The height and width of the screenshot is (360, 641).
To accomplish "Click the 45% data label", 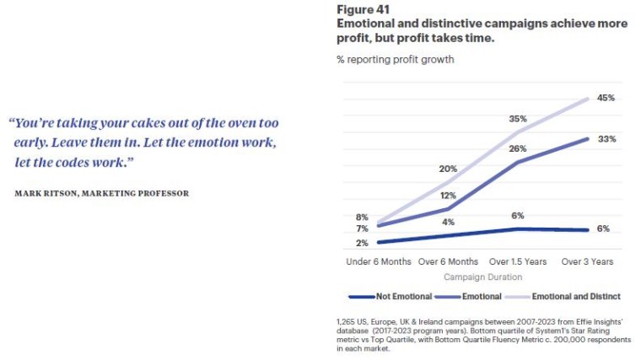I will pyautogui.click(x=606, y=98).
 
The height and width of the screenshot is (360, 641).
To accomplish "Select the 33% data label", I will pyautogui.click(x=606, y=138).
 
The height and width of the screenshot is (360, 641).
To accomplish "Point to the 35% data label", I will pyautogui.click(x=518, y=119).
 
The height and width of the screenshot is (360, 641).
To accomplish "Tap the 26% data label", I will pyautogui.click(x=518, y=149).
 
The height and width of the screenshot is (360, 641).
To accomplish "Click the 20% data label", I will pyautogui.click(x=448, y=168).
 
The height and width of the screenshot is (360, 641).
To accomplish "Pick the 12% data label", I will pyautogui.click(x=448, y=196).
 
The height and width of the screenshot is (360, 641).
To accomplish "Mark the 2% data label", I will pyautogui.click(x=361, y=244).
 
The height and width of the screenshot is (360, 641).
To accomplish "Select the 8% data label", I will pyautogui.click(x=361, y=218).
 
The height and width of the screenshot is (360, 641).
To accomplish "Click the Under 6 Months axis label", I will pyautogui.click(x=379, y=262).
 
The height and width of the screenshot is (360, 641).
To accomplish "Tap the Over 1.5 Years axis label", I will pyautogui.click(x=518, y=262).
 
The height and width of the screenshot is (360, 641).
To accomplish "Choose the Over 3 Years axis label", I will pyautogui.click(x=588, y=262).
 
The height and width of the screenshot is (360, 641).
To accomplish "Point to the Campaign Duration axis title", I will pyautogui.click(x=482, y=277).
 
